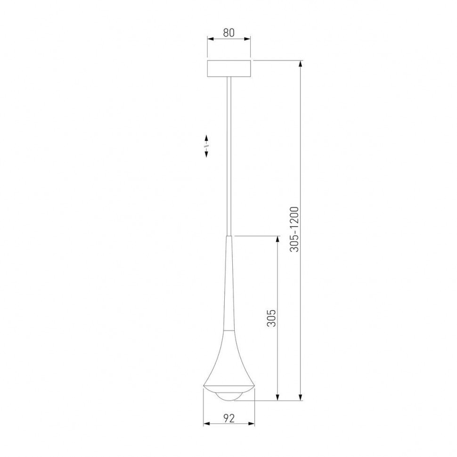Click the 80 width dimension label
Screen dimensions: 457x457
(228, 33)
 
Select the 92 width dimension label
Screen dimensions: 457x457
(228, 417)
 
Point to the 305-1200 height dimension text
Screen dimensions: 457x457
(294, 229)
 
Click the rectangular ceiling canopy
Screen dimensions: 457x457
(229, 69)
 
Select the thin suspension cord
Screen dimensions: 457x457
(229, 155)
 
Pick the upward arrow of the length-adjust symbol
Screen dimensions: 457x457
(206, 138)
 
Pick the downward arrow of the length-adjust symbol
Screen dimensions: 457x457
(206, 155)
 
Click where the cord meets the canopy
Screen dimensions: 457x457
(229, 78)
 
